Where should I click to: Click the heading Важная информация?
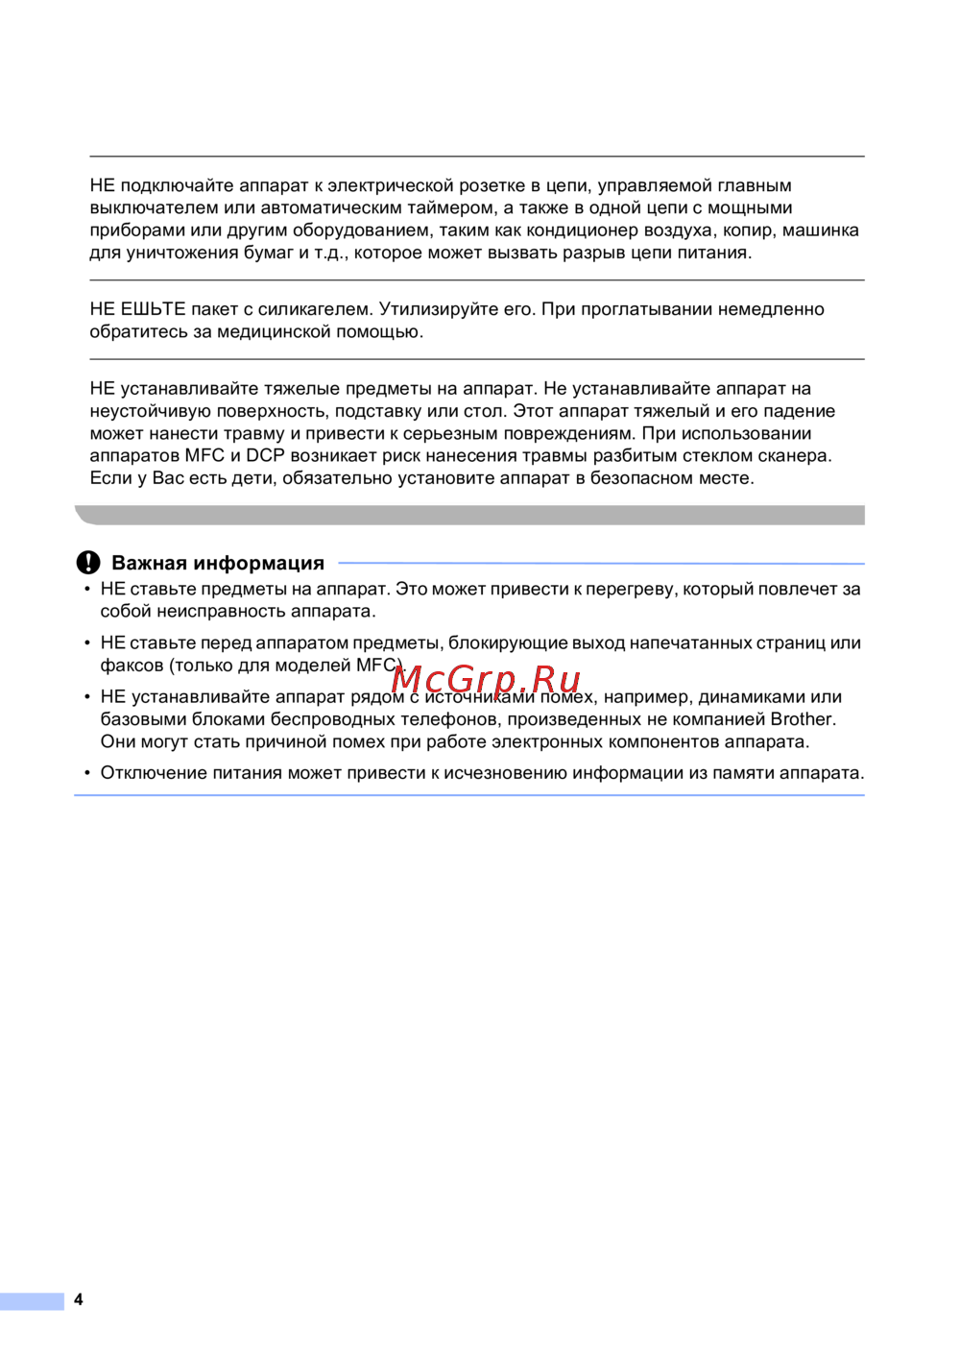point(218,564)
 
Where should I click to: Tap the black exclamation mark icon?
point(88,563)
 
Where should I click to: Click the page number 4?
point(79,1299)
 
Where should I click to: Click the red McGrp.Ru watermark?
point(486,679)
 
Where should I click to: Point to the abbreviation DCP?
point(265,456)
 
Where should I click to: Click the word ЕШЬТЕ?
point(153,309)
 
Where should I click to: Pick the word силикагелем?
point(315,309)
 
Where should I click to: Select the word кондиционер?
point(582,230)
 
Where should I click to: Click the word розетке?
point(492,185)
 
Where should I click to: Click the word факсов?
point(132,666)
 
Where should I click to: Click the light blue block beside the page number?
point(32,1301)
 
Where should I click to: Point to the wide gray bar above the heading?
point(470,516)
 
